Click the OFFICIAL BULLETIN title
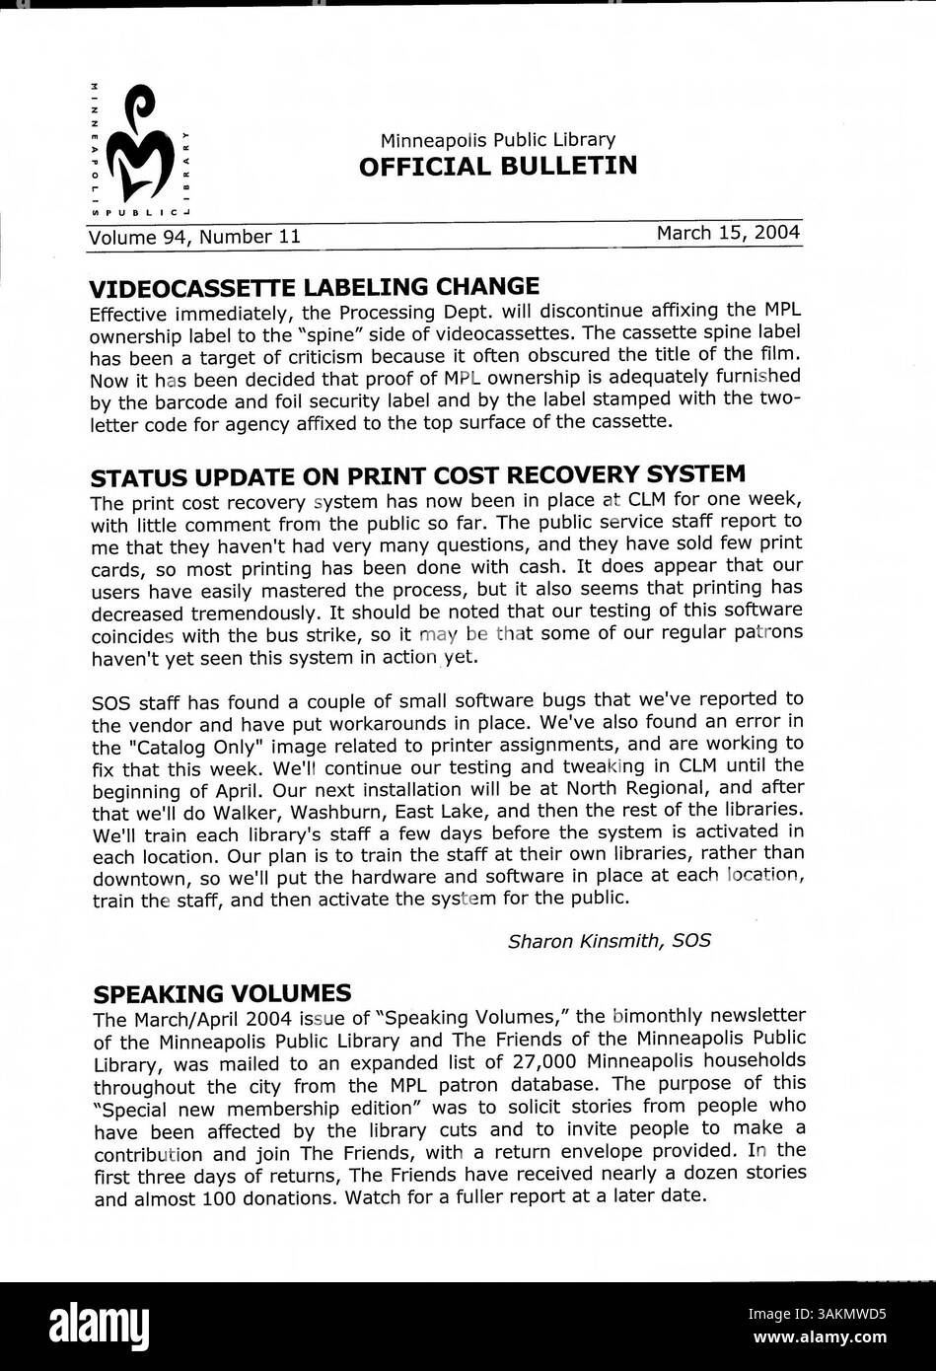click(x=497, y=166)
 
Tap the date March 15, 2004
click(x=728, y=233)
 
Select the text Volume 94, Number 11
click(x=194, y=237)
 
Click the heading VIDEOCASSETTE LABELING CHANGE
click(x=314, y=287)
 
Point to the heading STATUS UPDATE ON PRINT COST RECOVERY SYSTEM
click(x=417, y=476)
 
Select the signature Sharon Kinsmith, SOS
click(x=609, y=941)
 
